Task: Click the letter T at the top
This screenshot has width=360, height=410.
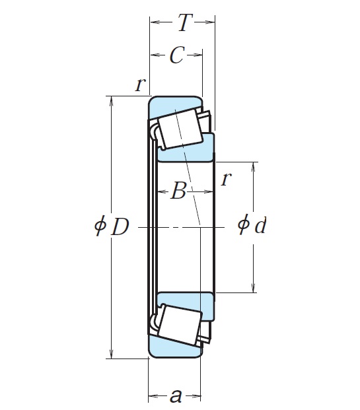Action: (x=183, y=24)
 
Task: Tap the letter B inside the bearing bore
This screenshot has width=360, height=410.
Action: (x=178, y=192)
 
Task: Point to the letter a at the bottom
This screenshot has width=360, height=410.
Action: (x=175, y=396)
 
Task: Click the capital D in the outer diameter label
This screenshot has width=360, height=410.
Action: (x=120, y=227)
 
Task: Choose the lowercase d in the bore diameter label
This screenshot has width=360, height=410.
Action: (x=261, y=226)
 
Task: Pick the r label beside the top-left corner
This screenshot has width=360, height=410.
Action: (x=139, y=84)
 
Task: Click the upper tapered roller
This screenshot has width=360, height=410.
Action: (x=180, y=128)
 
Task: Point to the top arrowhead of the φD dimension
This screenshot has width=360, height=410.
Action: (x=111, y=101)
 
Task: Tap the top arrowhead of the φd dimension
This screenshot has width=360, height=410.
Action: (x=254, y=166)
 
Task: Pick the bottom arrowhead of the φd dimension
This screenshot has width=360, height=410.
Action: (x=254, y=288)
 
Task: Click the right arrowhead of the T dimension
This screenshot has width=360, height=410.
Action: (x=211, y=23)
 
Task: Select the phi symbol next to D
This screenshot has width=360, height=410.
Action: (x=100, y=227)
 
